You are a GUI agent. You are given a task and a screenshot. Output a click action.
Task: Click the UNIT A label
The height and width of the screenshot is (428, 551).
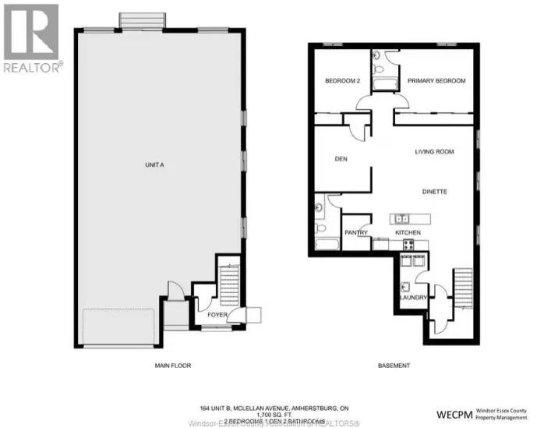tap(154, 165)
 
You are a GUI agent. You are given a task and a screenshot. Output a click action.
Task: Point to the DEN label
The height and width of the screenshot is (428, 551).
tap(341, 159)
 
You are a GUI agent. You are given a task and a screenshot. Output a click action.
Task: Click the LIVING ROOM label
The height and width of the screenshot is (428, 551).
tap(434, 152)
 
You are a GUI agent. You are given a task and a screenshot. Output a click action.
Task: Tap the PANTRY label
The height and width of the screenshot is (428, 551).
tap(355, 233)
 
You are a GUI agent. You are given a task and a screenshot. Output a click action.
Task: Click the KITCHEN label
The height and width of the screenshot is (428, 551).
tap(408, 233)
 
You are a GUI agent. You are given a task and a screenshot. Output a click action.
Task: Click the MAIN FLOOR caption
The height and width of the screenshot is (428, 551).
tap(172, 366)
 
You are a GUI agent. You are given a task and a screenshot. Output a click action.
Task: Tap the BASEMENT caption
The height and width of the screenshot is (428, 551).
tap(394, 366)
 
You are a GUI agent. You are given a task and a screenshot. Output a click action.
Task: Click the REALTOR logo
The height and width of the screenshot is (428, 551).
tap(32, 39)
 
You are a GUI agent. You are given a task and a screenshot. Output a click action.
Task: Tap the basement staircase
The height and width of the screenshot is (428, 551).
tap(463, 288)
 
